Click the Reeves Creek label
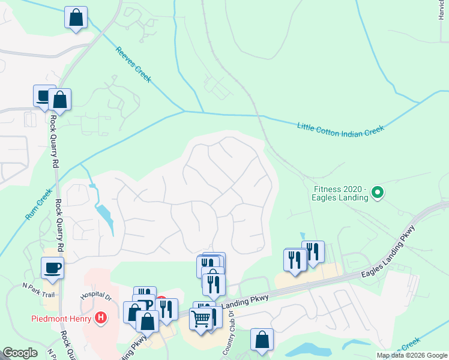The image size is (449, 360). (x=133, y=64)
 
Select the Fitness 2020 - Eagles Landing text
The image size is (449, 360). (x=340, y=193)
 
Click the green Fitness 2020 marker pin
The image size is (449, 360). (x=378, y=193)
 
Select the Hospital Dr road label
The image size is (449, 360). (x=95, y=296)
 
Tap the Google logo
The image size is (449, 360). (x=20, y=353)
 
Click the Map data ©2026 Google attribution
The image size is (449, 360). (x=412, y=355)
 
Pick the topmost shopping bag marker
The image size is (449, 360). (x=76, y=17)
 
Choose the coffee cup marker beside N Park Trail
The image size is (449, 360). (x=52, y=268)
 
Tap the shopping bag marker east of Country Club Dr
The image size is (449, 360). (x=262, y=340)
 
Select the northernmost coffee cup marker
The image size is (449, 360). (x=44, y=96)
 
